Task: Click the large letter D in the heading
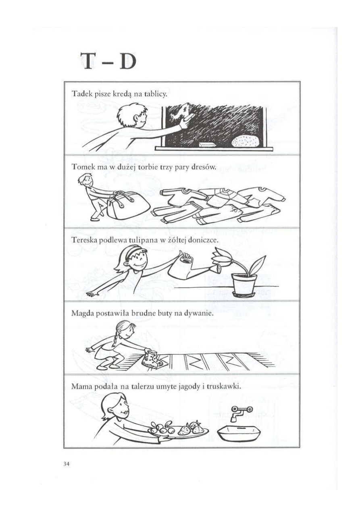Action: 127,61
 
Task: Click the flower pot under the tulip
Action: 243,286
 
